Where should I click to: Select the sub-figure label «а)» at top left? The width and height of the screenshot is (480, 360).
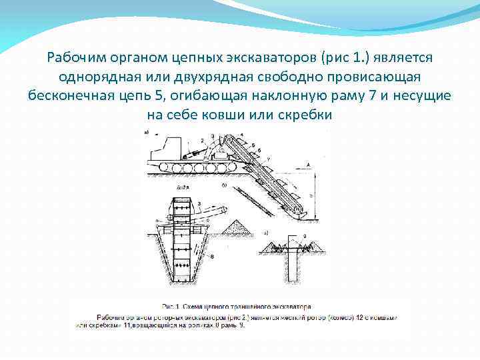(147, 133)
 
